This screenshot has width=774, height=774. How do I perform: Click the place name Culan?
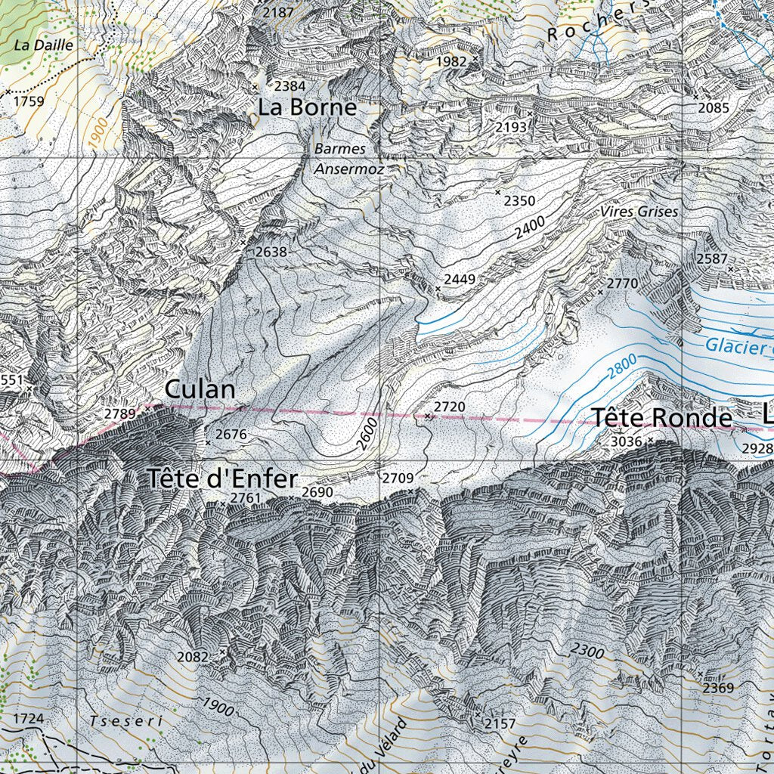(200, 390)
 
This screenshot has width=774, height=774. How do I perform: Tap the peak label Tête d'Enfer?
(222, 478)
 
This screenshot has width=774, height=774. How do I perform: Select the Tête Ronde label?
(661, 418)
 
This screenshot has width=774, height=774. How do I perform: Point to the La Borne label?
(307, 107)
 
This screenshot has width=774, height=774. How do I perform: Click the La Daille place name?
(44, 45)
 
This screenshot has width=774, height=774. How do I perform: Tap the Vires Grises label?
(639, 212)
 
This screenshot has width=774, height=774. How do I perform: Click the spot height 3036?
(626, 441)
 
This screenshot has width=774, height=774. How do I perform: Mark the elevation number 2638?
(271, 252)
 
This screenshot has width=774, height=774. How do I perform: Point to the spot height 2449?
(460, 280)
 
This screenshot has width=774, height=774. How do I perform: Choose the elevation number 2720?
(449, 407)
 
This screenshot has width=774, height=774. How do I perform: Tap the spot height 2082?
(192, 657)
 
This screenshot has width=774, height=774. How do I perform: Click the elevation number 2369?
(718, 688)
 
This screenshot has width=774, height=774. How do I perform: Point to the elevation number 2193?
(511, 127)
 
